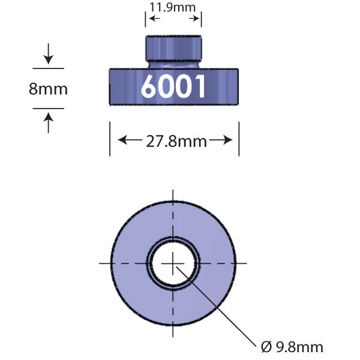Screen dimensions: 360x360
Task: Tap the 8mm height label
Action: [x=48, y=89]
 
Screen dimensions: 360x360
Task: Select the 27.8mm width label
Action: [x=176, y=142]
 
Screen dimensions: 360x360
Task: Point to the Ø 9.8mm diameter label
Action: [x=292, y=346]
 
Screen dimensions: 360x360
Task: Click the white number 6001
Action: [x=173, y=87]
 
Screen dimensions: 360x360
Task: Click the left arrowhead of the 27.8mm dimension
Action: [x=122, y=141]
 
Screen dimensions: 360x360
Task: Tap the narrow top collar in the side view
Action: [x=173, y=48]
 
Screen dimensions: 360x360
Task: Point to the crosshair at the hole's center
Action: [x=173, y=263]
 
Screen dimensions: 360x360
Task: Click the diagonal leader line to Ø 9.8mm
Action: [x=222, y=306]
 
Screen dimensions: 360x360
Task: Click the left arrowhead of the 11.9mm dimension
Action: [x=151, y=19]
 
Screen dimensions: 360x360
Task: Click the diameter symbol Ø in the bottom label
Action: [x=266, y=346]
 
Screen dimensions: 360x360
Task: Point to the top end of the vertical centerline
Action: [x=173, y=192]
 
